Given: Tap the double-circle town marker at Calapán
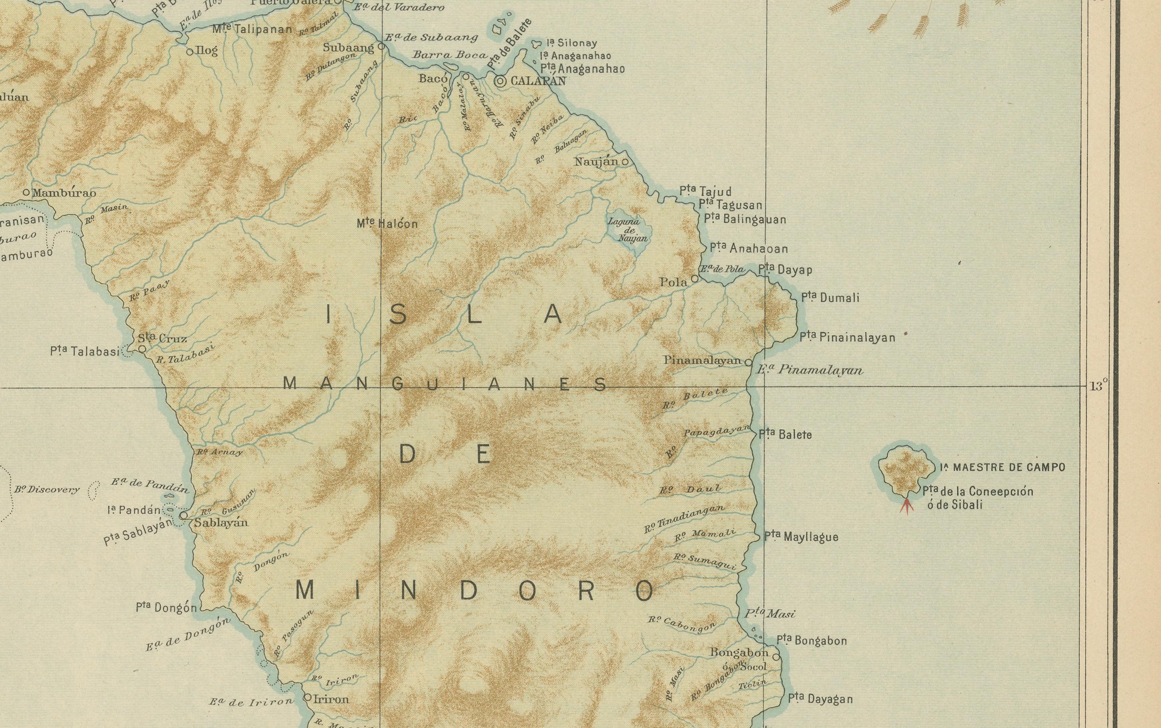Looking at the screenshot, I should tap(500, 82).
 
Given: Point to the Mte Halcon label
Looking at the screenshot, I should tap(387, 223).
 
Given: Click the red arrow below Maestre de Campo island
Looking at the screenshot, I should tap(906, 507).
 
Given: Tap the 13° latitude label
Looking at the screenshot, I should tap(1098, 386).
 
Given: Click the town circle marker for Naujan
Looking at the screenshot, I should tap(625, 162).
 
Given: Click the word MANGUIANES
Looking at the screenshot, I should tap(445, 384).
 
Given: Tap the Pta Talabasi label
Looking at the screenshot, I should tap(84, 352).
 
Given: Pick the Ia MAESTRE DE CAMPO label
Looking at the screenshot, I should tap(1002, 467).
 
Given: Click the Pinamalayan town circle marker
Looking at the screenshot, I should tap(748, 362).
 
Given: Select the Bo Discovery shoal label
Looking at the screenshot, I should tap(47, 490).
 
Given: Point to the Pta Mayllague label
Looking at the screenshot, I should tap(801, 536).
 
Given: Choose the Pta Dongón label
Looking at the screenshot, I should tap(167, 607).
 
